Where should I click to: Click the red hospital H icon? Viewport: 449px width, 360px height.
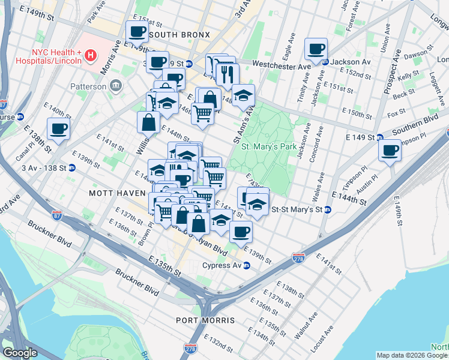pyautogui.click(x=90, y=56)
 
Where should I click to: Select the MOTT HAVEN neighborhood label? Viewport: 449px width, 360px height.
pyautogui.click(x=117, y=193)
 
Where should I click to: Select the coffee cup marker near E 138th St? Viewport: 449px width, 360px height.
pyautogui.click(x=58, y=128)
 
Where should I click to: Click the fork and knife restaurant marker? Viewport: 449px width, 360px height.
pyautogui.click(x=228, y=74)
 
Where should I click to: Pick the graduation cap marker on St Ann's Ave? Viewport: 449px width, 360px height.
pyautogui.click(x=243, y=95)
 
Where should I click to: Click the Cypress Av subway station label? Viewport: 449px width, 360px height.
pyautogui.click(x=221, y=266)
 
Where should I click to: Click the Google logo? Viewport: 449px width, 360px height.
pyautogui.click(x=20, y=353)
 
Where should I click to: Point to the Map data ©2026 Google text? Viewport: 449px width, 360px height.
pyautogui.click(x=412, y=355)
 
